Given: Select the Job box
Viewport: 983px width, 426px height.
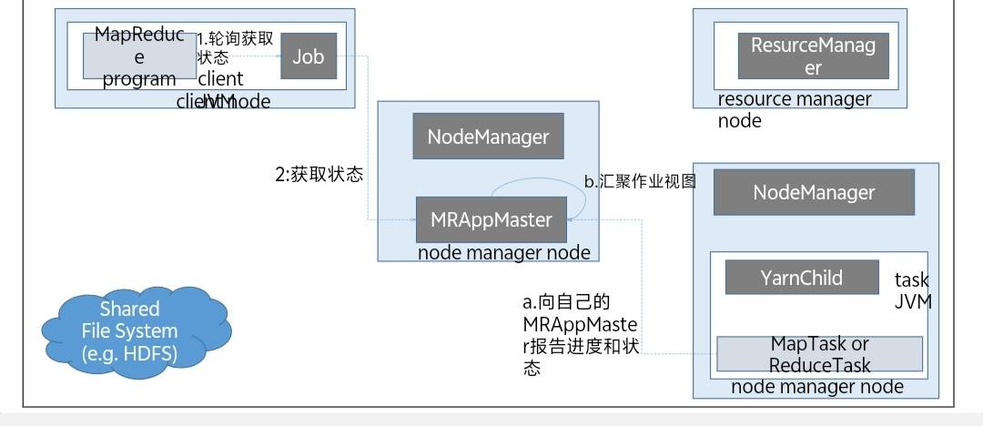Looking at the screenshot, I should [x=309, y=56].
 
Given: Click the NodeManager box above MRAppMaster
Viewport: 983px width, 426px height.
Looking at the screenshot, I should [x=488, y=137].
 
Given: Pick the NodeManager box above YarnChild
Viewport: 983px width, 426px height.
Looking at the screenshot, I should [x=814, y=192].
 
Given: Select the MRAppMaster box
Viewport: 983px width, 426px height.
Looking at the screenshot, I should [x=491, y=219].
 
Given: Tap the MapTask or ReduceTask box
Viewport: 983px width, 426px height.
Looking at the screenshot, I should [x=819, y=354].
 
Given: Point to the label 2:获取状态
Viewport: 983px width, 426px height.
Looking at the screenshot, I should [x=319, y=175].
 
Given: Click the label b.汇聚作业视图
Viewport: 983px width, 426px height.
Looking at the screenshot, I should [x=639, y=181].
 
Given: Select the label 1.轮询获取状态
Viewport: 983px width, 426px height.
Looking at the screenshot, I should [x=235, y=47].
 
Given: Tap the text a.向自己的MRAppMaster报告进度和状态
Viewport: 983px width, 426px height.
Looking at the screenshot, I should [x=580, y=335].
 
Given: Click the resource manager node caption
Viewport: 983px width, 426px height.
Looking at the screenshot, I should [x=794, y=109].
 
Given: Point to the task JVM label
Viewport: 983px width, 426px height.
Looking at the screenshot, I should [x=912, y=291].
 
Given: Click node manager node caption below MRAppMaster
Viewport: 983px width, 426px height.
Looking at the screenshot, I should [x=503, y=252].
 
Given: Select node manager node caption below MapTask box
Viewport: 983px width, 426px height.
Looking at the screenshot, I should [x=816, y=387].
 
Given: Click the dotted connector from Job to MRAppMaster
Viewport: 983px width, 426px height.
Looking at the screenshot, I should [x=368, y=137].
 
